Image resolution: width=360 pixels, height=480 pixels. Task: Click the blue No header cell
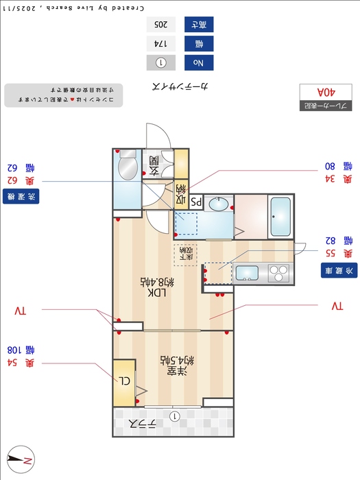tap(199, 63)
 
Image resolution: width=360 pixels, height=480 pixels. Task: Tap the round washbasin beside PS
tap(219, 203)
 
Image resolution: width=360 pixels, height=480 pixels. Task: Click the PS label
tap(195, 203)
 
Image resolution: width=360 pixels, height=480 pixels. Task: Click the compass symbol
tap(19, 459)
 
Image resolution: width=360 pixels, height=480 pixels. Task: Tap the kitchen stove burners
tap(279, 273)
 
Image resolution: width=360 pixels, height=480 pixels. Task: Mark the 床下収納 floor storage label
tap(185, 254)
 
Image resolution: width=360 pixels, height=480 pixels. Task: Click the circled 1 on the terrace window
tap(174, 416)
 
